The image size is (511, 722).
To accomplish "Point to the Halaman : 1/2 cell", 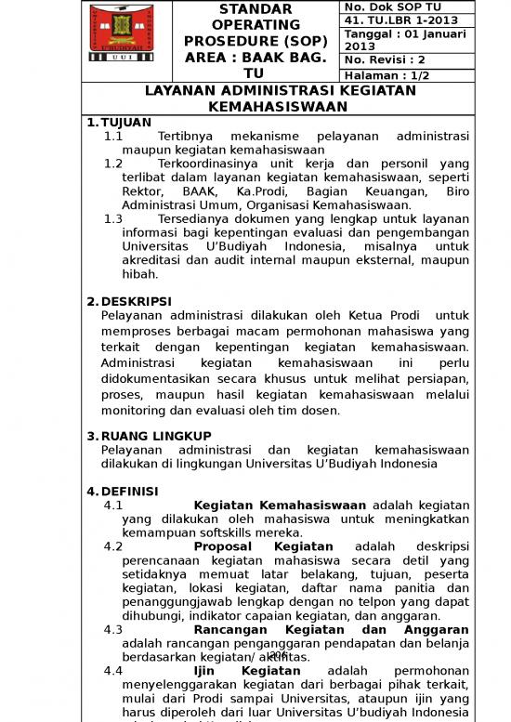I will (387, 75).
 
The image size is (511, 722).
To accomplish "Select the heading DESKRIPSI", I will (136, 301).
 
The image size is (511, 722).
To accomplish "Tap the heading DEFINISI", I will (129, 492).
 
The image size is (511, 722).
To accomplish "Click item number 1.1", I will (113, 136).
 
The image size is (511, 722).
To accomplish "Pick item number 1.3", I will (113, 219).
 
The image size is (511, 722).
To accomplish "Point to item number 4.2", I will (113, 546).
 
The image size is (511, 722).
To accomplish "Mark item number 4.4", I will (113, 670).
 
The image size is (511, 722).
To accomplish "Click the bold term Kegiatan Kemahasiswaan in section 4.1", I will (279, 505).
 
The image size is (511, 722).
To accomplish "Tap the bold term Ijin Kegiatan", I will (246, 670).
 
